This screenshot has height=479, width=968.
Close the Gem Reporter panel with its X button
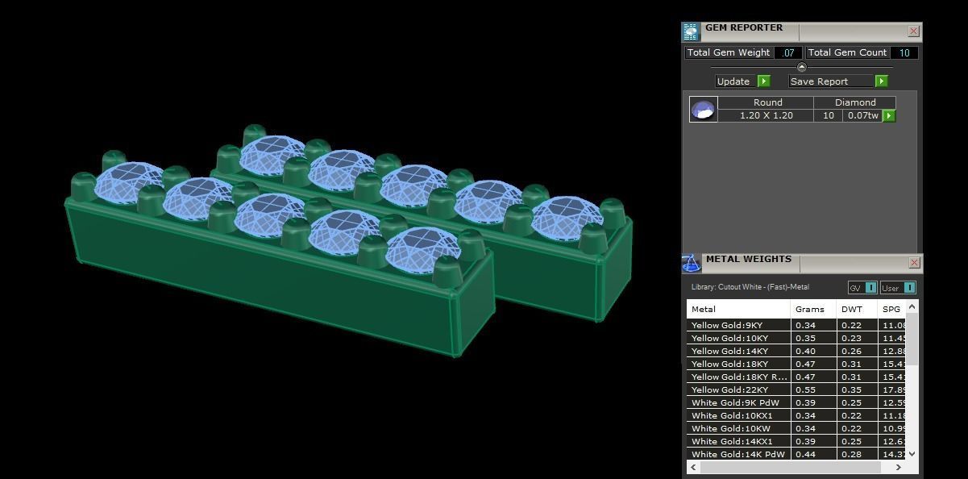[x=913, y=31]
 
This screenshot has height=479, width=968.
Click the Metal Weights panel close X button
[x=914, y=263]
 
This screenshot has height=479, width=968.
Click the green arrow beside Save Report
[x=881, y=81]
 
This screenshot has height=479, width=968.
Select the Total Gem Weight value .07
[x=787, y=53]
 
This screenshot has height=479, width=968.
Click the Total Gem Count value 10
[x=904, y=53]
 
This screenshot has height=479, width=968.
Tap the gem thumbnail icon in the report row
[x=703, y=110]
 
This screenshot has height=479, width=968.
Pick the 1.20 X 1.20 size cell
[x=766, y=116]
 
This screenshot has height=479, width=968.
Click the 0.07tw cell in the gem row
[x=861, y=116]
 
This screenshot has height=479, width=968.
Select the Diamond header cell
[x=854, y=102]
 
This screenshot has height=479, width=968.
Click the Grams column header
[x=810, y=310]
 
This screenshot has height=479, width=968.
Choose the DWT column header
[x=852, y=310]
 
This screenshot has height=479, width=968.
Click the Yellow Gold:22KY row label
[x=729, y=390]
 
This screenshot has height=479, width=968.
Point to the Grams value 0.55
[x=804, y=390]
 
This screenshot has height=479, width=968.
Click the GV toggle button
[x=862, y=288]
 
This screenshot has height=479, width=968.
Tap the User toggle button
[x=897, y=288]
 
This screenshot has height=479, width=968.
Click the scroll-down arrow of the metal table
[x=912, y=454]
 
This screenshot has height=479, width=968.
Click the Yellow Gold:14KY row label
[x=729, y=352]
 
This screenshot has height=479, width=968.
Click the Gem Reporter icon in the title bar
[x=691, y=31]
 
